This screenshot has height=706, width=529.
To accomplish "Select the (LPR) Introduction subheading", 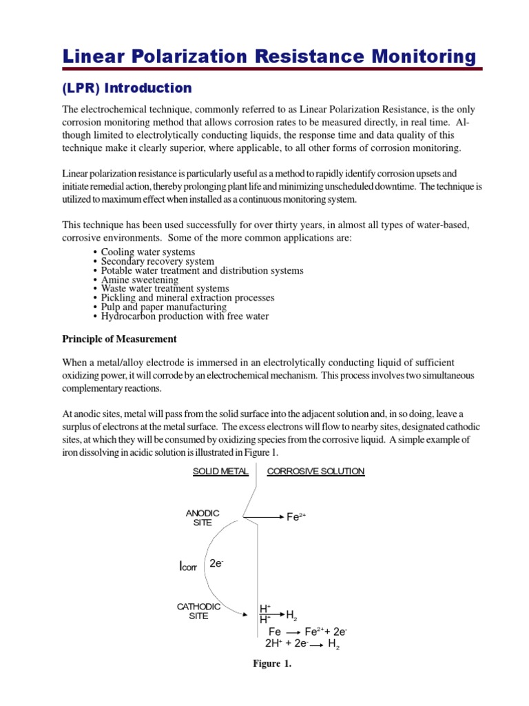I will (127, 88).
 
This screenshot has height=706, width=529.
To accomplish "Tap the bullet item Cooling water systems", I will (147, 252).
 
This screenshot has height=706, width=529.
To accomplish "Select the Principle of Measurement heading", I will (120, 339).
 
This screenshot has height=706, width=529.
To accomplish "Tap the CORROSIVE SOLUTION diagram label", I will (315, 472).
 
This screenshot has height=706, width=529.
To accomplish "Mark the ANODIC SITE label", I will (203, 518).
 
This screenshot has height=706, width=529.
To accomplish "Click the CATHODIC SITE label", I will (198, 611).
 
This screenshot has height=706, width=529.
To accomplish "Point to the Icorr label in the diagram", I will (187, 567).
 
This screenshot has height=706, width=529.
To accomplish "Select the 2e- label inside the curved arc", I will (216, 564).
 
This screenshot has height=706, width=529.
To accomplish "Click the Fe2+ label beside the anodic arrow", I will (295, 517).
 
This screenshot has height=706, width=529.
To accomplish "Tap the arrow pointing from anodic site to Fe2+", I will (264, 516).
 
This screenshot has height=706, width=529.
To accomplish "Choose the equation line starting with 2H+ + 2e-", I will (302, 644).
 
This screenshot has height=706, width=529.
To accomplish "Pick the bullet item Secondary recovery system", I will (157, 262).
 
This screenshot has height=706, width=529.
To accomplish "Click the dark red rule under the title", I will (272, 69).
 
